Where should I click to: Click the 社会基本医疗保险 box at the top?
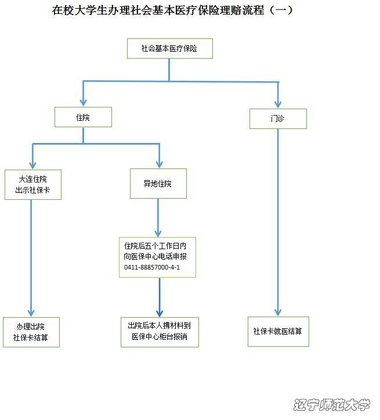(x=169, y=49)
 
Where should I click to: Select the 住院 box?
(x=82, y=117)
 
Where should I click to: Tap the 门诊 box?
(x=278, y=119)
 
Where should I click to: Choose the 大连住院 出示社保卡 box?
(x=32, y=185)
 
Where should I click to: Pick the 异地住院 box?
(x=158, y=184)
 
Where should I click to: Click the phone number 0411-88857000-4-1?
(x=152, y=267)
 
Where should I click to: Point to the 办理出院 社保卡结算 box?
(x=31, y=332)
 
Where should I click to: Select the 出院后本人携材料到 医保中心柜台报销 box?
(x=160, y=332)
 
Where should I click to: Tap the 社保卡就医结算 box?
(x=277, y=331)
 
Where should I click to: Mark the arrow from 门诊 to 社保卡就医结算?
(x=278, y=221)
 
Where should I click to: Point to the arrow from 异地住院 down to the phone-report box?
(x=158, y=216)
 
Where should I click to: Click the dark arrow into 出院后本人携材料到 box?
(x=160, y=297)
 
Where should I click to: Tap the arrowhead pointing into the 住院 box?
(x=83, y=102)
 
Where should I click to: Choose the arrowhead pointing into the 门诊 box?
(x=278, y=103)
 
